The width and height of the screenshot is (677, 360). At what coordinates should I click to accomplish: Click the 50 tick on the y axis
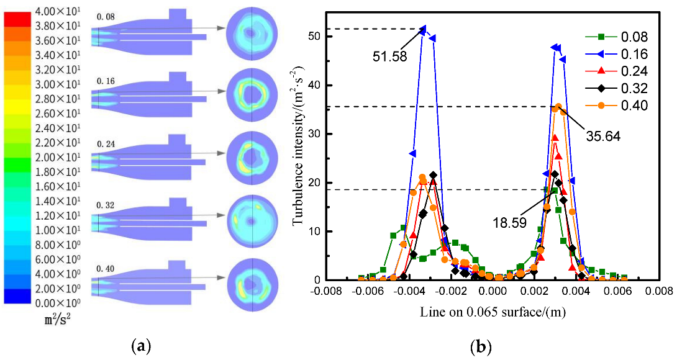click(319, 36)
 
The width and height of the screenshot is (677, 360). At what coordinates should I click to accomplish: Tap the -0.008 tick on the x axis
click(330, 291)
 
